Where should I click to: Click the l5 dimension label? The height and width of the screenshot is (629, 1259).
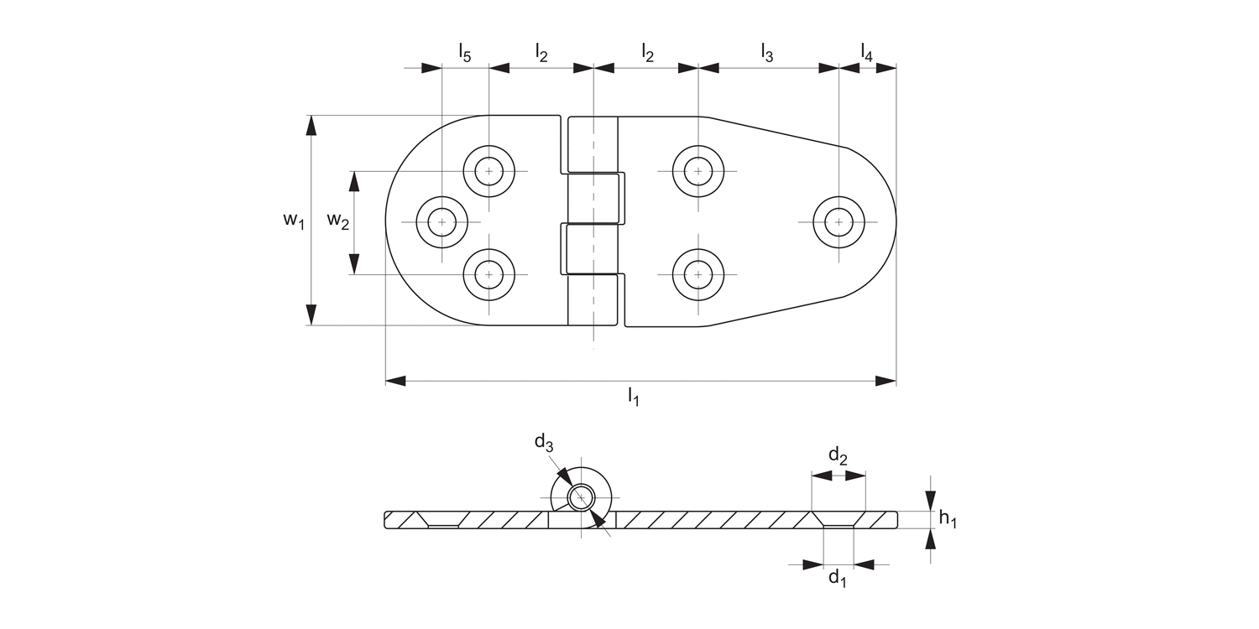(464, 53)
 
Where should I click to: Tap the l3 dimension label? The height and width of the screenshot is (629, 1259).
(766, 53)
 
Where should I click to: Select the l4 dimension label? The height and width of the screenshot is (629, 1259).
(866, 53)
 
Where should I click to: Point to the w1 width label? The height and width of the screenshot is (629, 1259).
(292, 221)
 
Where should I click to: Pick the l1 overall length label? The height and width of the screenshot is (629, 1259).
(633, 397)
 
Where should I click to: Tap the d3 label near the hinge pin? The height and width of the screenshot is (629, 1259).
(544, 442)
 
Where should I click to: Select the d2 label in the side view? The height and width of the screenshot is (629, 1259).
(838, 456)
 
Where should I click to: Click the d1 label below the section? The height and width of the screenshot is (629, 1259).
(838, 578)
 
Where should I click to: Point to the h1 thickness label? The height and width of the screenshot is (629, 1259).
(948, 520)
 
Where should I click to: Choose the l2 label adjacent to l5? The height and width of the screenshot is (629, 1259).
(541, 53)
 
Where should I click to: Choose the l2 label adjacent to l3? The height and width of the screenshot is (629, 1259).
(647, 53)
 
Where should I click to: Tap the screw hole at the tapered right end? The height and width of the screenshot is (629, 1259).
(838, 222)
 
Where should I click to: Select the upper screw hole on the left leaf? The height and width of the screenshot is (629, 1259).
(488, 171)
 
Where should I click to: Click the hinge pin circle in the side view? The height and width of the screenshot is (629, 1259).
(580, 498)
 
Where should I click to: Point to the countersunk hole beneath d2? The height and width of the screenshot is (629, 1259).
(838, 520)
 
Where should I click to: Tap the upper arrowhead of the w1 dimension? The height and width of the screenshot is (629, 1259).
(311, 125)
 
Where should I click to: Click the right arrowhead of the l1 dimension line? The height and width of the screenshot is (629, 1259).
(886, 381)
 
